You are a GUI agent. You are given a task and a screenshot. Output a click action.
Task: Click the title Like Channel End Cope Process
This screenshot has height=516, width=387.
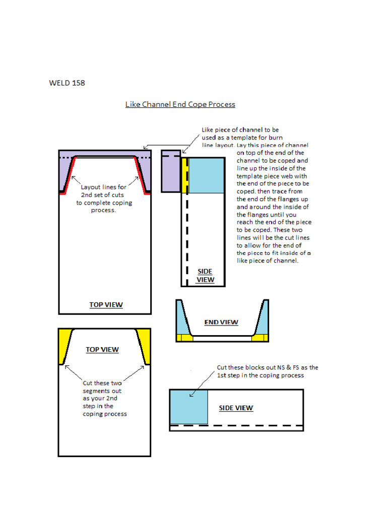click(180, 104)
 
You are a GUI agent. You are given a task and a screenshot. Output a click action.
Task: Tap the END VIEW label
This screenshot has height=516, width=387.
click(221, 322)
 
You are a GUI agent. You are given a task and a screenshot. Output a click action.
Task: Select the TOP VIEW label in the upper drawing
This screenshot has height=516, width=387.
click(106, 304)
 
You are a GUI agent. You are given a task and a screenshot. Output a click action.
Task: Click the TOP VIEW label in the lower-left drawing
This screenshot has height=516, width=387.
click(102, 349)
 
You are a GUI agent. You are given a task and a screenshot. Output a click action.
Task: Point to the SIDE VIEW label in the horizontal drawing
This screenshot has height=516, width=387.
click(236, 408)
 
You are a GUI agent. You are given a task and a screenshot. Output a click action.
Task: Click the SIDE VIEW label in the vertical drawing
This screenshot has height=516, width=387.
click(205, 275)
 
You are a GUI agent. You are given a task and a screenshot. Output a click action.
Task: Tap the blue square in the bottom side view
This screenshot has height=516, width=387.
click(189, 407)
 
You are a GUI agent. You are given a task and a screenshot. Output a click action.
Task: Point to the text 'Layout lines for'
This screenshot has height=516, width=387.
click(103, 187)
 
